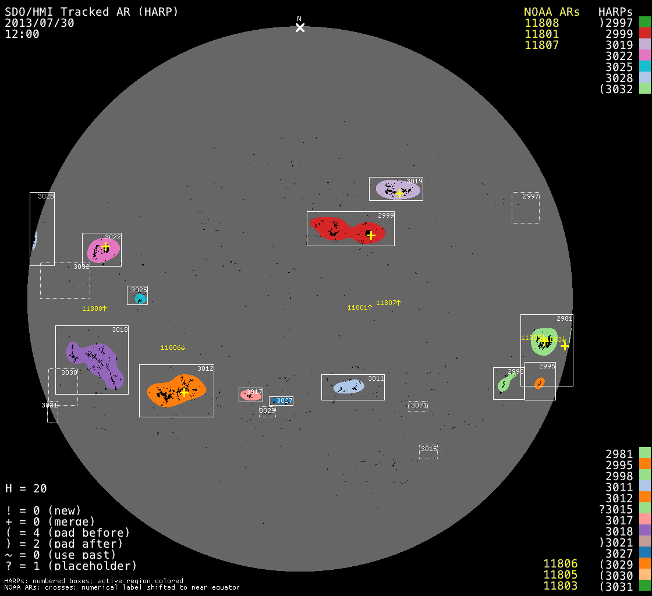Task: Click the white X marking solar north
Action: (300, 27)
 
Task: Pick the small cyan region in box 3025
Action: (140, 299)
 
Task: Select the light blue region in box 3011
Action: (349, 386)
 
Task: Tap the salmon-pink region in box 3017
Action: (250, 395)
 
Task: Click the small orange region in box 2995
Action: (540, 383)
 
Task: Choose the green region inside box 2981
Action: (544, 342)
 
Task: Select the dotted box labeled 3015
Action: (428, 452)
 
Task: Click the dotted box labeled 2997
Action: (526, 208)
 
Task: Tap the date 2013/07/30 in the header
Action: (40, 23)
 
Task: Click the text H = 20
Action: (26, 488)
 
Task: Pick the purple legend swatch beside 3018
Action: (644, 531)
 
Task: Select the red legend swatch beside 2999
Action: (644, 34)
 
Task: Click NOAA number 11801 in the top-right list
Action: (541, 34)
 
